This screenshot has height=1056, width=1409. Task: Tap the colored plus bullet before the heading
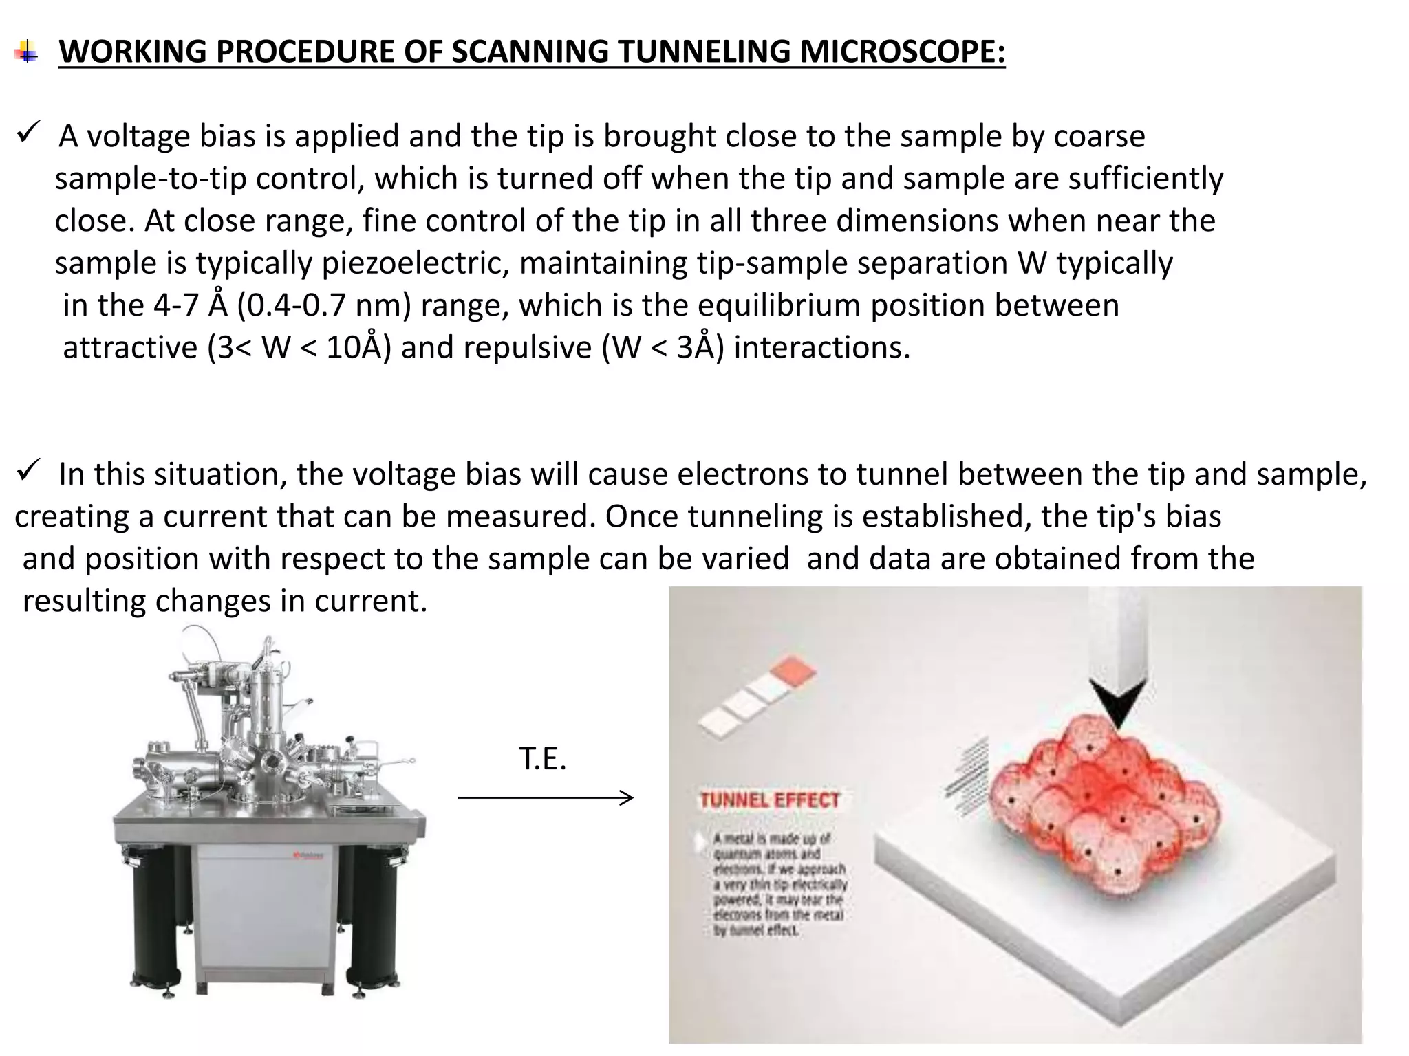point(26,52)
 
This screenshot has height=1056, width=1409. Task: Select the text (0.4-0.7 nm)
point(324,305)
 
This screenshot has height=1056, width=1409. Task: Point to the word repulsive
point(527,347)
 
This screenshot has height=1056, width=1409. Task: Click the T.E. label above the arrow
point(542,759)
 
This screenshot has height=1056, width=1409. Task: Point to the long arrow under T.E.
point(545,797)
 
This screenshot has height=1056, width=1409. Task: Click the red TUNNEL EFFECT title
point(769,800)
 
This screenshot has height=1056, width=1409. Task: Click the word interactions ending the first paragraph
point(821,347)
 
